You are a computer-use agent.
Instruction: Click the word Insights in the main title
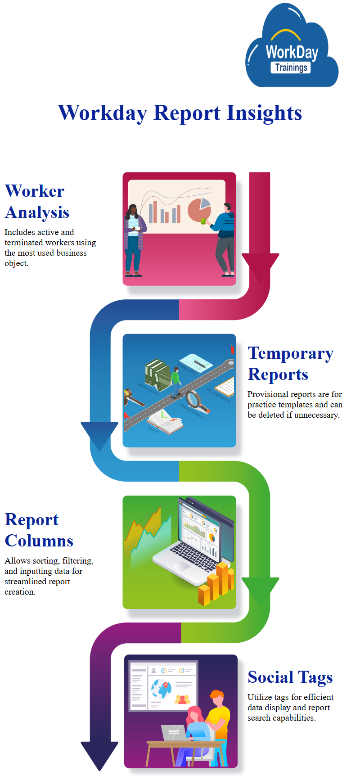pyautogui.click(x=264, y=113)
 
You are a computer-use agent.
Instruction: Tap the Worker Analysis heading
pyautogui.click(x=37, y=202)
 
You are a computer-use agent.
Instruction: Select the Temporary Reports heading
pyautogui.click(x=290, y=364)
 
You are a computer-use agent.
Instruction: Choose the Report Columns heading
pyautogui.click(x=39, y=530)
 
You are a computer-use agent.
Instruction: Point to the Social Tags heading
pyautogui.click(x=290, y=677)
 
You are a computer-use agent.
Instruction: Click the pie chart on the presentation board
pyautogui.click(x=198, y=209)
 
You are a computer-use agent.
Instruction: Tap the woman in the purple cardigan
pyautogui.click(x=134, y=239)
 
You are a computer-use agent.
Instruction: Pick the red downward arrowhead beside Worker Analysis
pyautogui.click(x=260, y=266)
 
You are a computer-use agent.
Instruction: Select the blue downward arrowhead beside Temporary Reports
pyautogui.click(x=99, y=434)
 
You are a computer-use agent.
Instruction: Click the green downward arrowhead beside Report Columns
pyautogui.click(x=260, y=590)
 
